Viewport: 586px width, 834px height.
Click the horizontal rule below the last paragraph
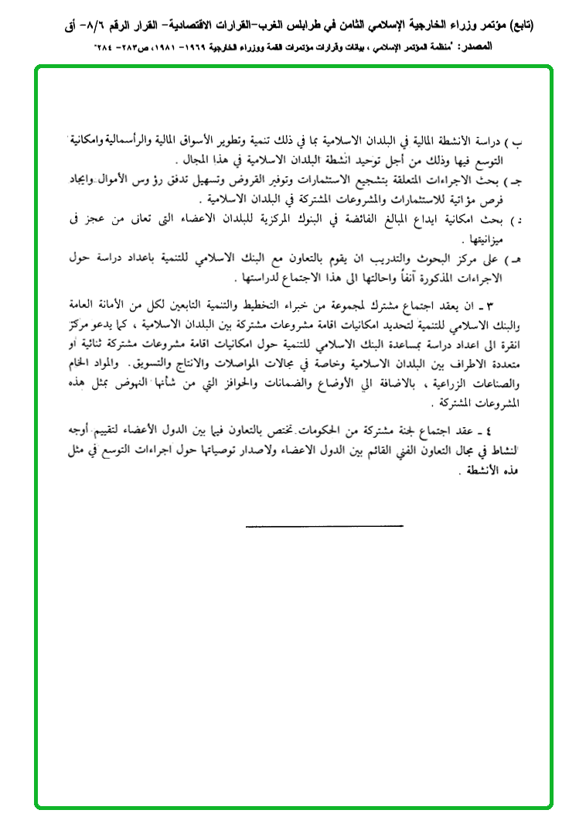click(324, 527)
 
